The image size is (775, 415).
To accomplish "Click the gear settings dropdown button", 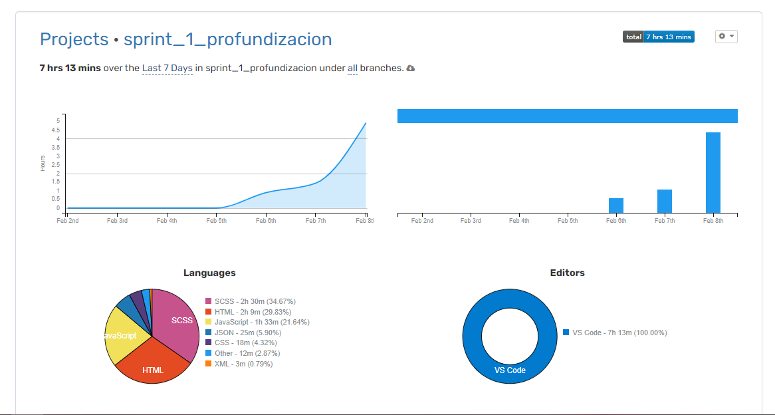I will tap(726, 37).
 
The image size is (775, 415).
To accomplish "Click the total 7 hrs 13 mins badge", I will tap(658, 37).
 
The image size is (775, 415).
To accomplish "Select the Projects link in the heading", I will tap(74, 39).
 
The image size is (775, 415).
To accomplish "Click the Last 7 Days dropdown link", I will tap(167, 68).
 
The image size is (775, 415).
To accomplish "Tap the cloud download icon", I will tap(411, 69).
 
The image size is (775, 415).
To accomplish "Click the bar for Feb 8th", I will tap(713, 172).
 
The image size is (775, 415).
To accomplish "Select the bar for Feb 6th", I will tap(616, 206).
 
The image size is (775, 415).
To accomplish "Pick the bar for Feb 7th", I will tap(665, 201).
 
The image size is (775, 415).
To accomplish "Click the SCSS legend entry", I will tap(250, 301).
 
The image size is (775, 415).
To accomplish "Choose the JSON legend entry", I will tap(243, 333).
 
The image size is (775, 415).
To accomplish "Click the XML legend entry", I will tap(239, 364).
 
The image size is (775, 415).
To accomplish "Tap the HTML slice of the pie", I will tap(153, 368).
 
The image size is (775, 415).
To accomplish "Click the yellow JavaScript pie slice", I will tap(124, 336).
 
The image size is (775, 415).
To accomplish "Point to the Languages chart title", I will tap(209, 273).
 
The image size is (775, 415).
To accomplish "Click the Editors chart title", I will tap(567, 273).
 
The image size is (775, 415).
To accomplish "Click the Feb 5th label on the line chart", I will tap(216, 221).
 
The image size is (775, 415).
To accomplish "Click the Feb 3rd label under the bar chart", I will tap(471, 221).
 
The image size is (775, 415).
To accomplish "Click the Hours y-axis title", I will tap(43, 163).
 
